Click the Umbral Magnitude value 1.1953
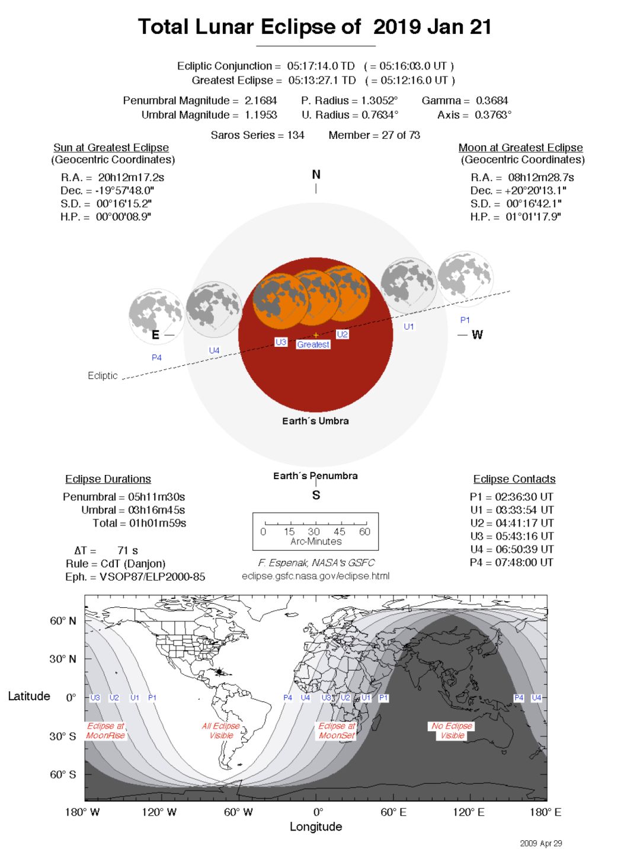(x=261, y=115)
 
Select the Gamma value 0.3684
(x=492, y=101)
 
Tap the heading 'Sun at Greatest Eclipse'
(x=111, y=148)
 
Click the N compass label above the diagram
(x=316, y=174)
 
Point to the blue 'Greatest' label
(x=313, y=345)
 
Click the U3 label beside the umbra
(x=281, y=342)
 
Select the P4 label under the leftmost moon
(x=156, y=358)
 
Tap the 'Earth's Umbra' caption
(x=315, y=421)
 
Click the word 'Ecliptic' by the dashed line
(x=103, y=375)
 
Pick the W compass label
(x=477, y=335)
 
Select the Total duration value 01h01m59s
(x=157, y=523)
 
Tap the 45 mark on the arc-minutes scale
(x=340, y=531)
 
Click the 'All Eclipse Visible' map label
(x=221, y=731)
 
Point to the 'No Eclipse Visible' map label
(x=452, y=731)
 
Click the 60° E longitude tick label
(x=393, y=812)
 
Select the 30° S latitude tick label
(x=63, y=736)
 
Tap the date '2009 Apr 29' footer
(x=540, y=843)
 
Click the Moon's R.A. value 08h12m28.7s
(x=540, y=177)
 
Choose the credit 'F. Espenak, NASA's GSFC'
(x=316, y=563)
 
